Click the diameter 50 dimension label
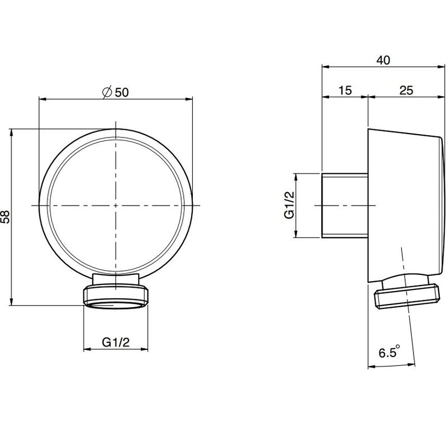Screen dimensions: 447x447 point(116,92)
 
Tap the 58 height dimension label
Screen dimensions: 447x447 point(6,217)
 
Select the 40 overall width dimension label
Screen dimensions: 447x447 point(383,60)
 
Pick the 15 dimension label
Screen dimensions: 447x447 point(345,91)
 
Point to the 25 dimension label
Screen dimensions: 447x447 point(406,91)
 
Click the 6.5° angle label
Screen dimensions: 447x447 point(389,351)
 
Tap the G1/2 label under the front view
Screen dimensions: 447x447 point(116,342)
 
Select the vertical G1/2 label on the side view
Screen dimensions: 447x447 point(289,205)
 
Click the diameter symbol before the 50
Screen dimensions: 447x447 point(107,92)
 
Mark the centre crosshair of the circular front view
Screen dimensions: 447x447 point(116,205)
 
